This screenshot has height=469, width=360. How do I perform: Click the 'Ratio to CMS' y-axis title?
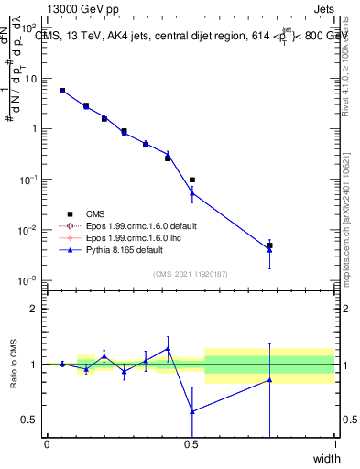pyautogui.click(x=14, y=365)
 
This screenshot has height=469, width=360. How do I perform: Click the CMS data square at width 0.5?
pyautogui.click(x=191, y=180)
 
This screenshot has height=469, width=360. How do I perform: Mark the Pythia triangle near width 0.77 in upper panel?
pyautogui.click(x=269, y=249)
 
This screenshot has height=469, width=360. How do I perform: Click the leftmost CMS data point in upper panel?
pyautogui.click(x=61, y=91)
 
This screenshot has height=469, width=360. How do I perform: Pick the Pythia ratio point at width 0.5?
pyautogui.click(x=191, y=411)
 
